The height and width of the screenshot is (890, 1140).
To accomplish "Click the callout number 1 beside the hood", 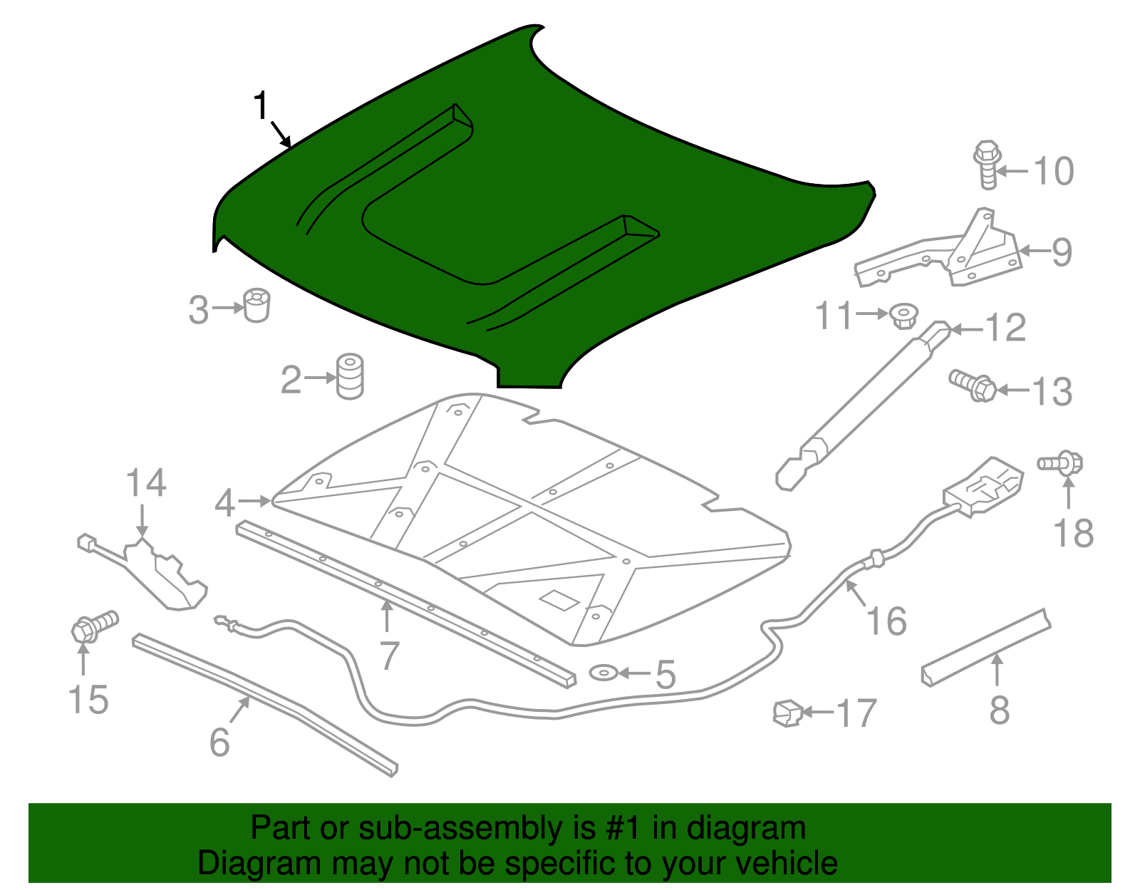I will (261, 106).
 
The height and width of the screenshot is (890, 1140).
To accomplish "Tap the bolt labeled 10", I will (987, 165).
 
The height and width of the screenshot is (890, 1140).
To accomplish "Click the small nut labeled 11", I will (903, 316).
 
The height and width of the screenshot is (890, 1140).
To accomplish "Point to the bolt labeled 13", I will (973, 386).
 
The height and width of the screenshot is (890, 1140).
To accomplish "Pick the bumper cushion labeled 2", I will (349, 376).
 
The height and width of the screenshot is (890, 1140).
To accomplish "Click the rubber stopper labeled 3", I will (256, 306).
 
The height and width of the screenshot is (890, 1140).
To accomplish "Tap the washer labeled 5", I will (603, 673).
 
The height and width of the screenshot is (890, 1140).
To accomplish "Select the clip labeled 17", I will (787, 712).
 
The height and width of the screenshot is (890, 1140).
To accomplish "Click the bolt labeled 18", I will (1061, 463).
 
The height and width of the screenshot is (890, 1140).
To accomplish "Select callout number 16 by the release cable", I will (887, 621).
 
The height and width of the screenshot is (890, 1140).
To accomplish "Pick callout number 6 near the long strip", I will (219, 742).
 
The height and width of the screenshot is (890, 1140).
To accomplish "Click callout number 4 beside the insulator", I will (224, 503).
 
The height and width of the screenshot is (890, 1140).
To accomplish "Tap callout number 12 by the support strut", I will (1005, 328).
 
